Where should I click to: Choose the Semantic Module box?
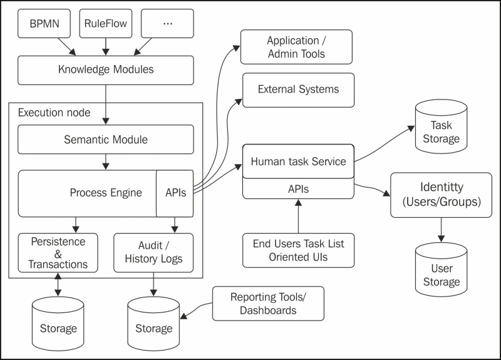click(x=105, y=140)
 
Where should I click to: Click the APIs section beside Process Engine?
click(x=175, y=192)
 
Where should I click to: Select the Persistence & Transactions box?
click(x=58, y=252)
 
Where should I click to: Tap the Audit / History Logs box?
click(x=153, y=252)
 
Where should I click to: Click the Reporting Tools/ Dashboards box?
click(x=268, y=303)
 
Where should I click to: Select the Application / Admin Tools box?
click(x=296, y=48)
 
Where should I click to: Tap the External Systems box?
click(x=298, y=90)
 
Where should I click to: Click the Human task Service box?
click(x=298, y=162)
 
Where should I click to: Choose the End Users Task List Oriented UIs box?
click(x=298, y=250)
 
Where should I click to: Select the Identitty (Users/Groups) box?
click(x=441, y=195)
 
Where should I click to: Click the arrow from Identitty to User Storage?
click(x=441, y=230)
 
